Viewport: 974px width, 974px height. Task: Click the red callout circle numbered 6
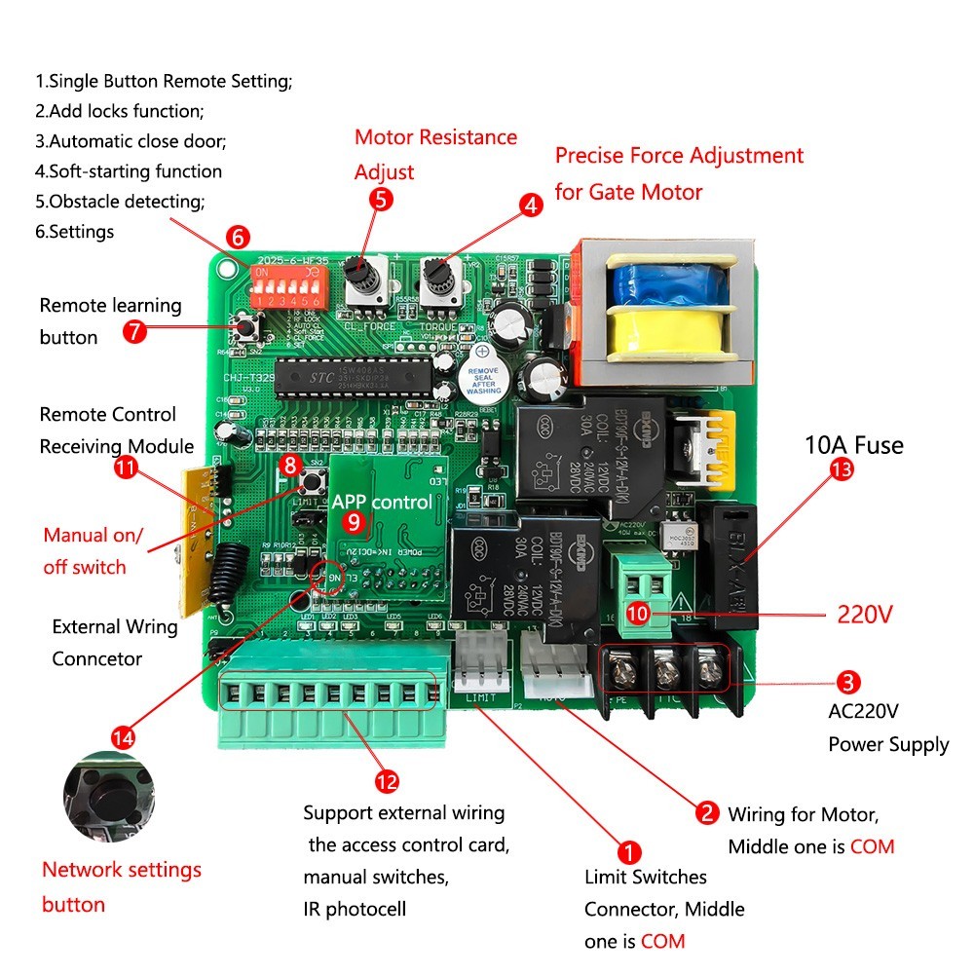[x=238, y=236]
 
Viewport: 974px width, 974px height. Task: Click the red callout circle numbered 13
[x=841, y=469]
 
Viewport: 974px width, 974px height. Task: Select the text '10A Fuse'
[x=853, y=446]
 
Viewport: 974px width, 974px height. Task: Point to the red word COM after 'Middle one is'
[x=872, y=846]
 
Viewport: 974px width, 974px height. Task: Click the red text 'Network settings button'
[x=121, y=886]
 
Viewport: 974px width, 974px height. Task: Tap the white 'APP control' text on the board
[x=381, y=503]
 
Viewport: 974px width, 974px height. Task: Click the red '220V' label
[x=867, y=616]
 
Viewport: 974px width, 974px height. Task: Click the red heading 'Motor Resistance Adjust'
[x=434, y=154]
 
